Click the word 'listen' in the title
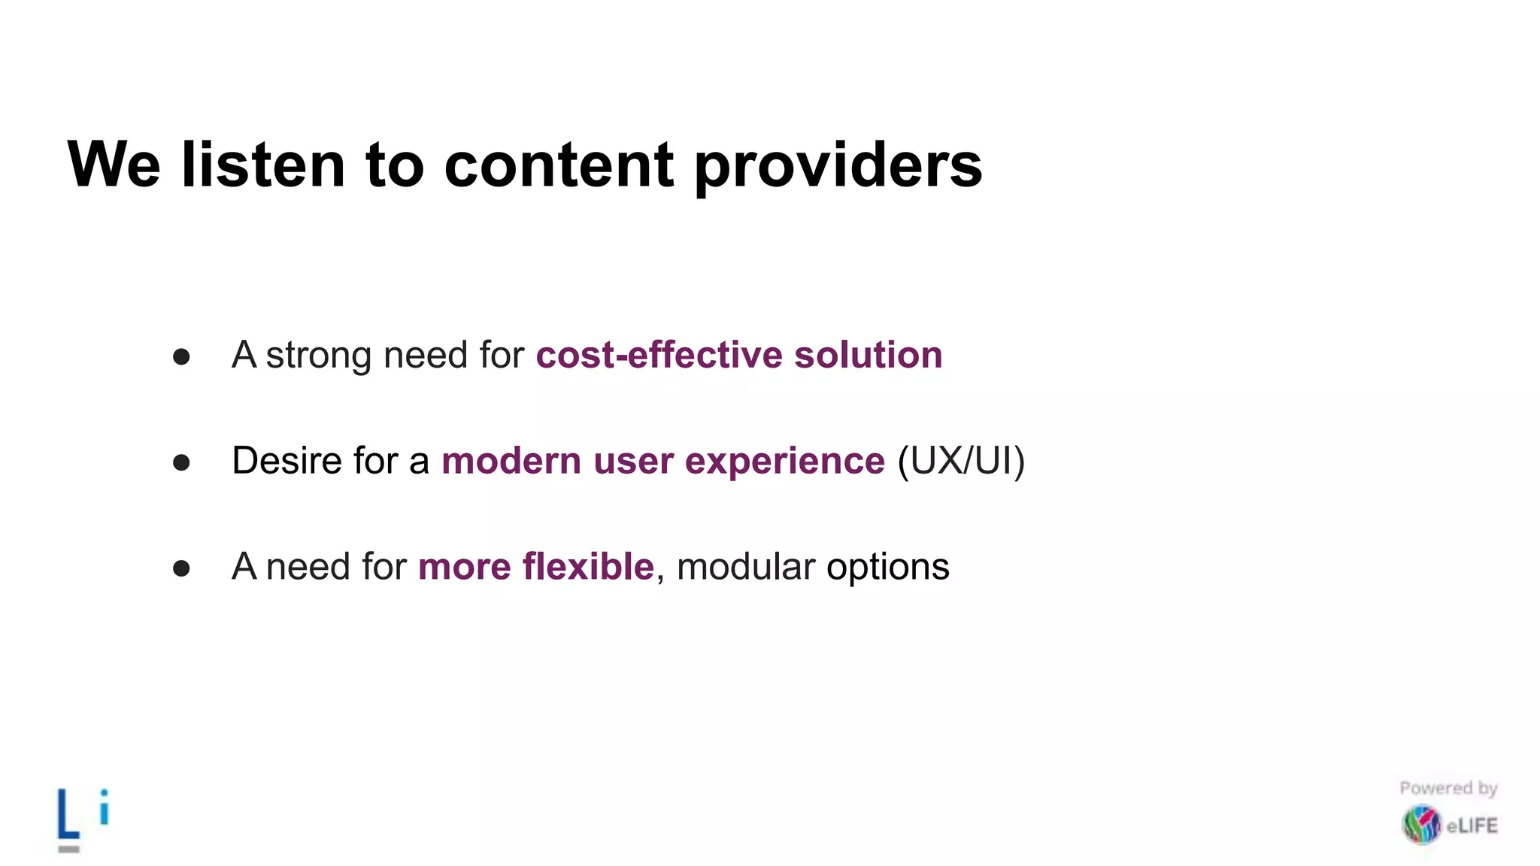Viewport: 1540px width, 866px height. coord(263,165)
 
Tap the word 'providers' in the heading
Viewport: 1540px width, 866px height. coord(837,167)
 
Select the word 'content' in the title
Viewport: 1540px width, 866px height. coord(559,165)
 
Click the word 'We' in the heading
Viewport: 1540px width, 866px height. coord(114,165)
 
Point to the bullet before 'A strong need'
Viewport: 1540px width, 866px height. coord(181,356)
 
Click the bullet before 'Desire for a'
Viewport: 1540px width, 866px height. coord(181,462)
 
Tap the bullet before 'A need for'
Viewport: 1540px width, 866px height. coord(181,568)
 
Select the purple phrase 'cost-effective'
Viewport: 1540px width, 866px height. coord(659,355)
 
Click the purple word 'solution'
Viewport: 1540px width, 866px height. coord(868,355)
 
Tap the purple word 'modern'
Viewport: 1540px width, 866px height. coord(511,461)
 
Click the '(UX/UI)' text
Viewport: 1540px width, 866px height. coord(961,462)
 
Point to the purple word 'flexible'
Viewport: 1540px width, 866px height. coord(588,566)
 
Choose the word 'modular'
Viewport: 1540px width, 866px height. coord(745,566)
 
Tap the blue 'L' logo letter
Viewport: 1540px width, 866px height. coord(68,814)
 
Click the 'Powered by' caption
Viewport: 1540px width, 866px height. coord(1448,788)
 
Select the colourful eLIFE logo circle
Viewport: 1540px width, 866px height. coord(1421,825)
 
